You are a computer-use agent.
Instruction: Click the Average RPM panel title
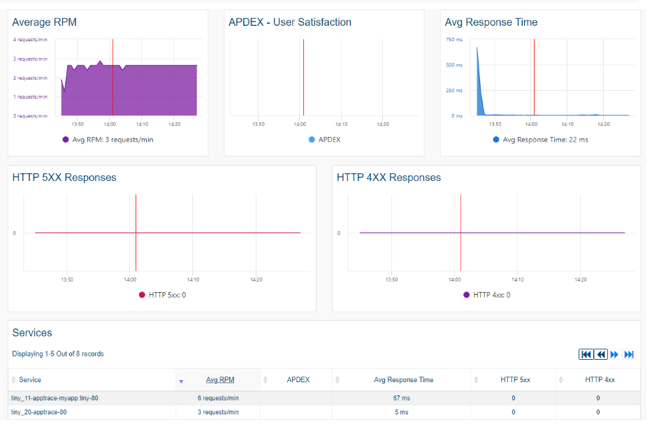(x=44, y=22)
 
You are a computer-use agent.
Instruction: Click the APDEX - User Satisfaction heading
(x=289, y=22)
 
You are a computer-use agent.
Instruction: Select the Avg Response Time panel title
(x=491, y=22)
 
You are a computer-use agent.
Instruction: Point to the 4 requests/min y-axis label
(x=30, y=40)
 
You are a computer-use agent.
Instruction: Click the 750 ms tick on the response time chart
(x=454, y=40)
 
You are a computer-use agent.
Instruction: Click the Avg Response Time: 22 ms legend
(x=544, y=140)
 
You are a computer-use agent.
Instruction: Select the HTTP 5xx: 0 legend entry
(x=166, y=295)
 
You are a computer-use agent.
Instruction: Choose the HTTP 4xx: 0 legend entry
(x=491, y=295)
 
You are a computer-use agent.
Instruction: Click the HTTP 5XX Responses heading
(x=64, y=177)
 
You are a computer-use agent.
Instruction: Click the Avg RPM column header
(x=220, y=380)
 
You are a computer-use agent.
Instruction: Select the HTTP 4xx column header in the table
(x=600, y=380)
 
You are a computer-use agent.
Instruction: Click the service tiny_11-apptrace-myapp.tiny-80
(x=55, y=398)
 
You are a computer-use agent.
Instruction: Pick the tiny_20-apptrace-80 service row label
(x=38, y=412)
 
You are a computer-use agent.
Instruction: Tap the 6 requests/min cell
(x=218, y=398)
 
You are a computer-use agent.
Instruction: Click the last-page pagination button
(x=629, y=354)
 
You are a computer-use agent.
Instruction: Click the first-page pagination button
(x=586, y=354)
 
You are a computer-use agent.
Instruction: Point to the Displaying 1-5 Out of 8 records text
(x=58, y=354)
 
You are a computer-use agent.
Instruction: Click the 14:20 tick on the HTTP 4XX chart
(x=580, y=279)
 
